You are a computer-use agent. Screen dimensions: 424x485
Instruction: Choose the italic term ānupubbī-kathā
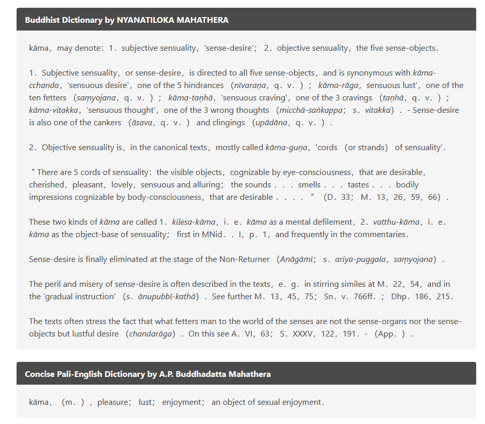tap(165, 297)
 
